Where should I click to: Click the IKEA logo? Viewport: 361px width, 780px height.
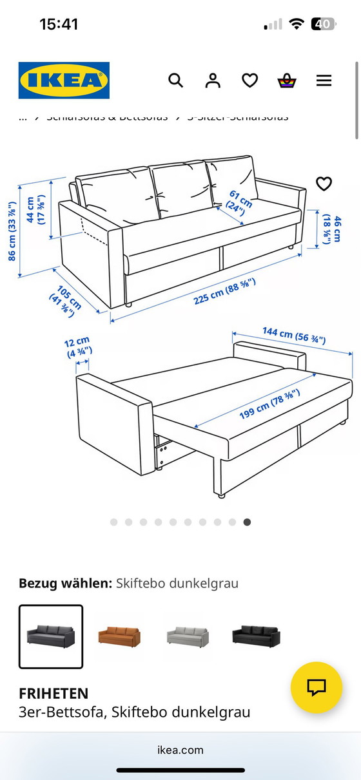pyautogui.click(x=64, y=81)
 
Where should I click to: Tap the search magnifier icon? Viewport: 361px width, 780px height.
pyautogui.click(x=175, y=81)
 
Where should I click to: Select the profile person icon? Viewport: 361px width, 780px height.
pyautogui.click(x=212, y=81)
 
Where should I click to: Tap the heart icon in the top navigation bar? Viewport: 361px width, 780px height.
pyautogui.click(x=249, y=81)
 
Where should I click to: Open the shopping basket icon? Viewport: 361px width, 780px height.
pyautogui.click(x=286, y=81)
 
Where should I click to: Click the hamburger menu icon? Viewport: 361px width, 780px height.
pyautogui.click(x=324, y=81)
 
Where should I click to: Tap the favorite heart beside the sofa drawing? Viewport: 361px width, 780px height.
pyautogui.click(x=324, y=184)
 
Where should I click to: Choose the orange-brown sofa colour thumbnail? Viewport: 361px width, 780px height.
pyautogui.click(x=119, y=636)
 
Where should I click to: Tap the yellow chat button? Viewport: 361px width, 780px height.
pyautogui.click(x=316, y=687)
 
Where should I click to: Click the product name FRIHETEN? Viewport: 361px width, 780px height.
pyautogui.click(x=54, y=694)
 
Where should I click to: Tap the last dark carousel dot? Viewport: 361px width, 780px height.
pyautogui.click(x=247, y=522)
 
